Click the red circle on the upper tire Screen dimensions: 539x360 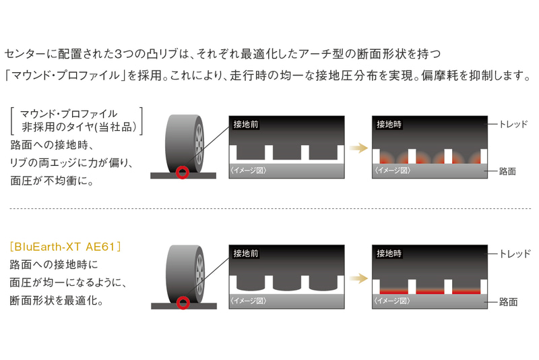click(182, 172)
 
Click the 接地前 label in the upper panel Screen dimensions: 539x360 click(246, 125)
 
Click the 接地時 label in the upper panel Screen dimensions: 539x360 click(389, 125)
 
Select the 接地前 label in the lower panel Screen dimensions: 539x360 click(246, 254)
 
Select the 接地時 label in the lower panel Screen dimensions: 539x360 click(389, 254)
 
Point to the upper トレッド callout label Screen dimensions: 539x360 click(515, 125)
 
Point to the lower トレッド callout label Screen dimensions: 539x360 click(515, 254)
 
